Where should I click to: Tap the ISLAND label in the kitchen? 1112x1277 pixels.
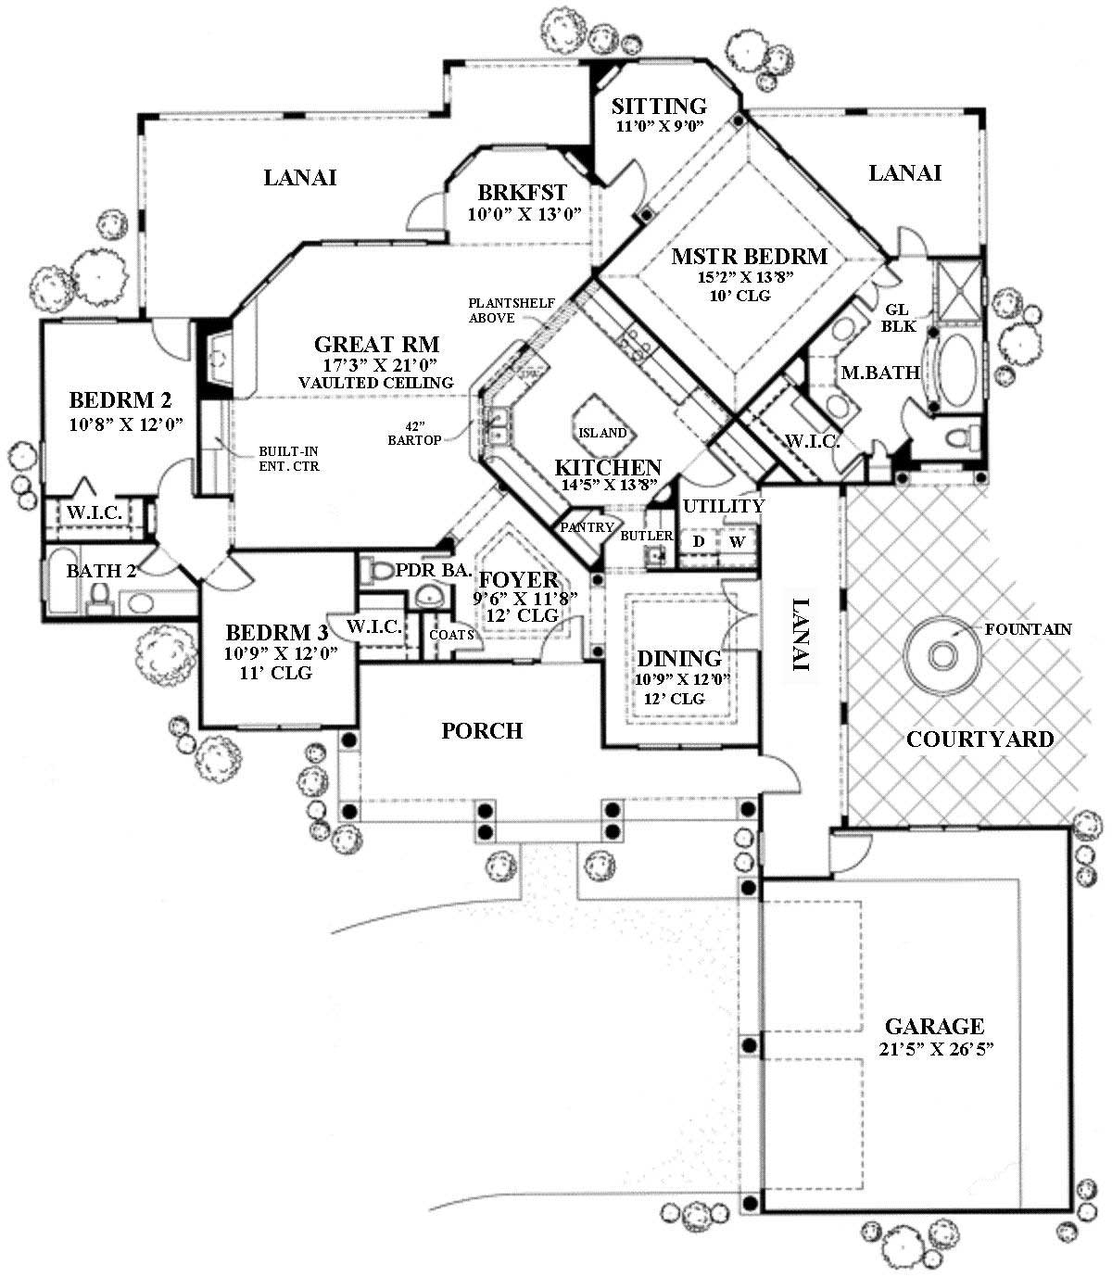pos(602,433)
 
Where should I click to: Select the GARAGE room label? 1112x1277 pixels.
pos(934,1026)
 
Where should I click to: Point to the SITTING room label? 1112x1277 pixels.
pos(659,107)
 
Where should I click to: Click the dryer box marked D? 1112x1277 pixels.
pos(699,541)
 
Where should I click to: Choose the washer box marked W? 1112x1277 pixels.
pos(738,541)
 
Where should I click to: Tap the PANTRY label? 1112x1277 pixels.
pos(587,528)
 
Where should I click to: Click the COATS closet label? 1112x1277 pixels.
pos(451,635)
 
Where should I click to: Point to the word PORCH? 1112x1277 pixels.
pos(482,731)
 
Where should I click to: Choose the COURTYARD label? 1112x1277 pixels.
pos(979,740)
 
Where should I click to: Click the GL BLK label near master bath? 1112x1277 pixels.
pos(898,318)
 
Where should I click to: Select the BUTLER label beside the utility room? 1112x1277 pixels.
pos(646,536)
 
